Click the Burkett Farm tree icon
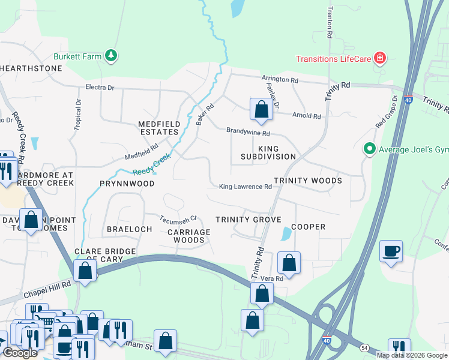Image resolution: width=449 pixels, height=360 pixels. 110,56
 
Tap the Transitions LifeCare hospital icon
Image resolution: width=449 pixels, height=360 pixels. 379,58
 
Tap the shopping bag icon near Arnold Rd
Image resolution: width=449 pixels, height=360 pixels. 261,109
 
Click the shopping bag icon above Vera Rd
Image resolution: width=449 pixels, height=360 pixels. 289,262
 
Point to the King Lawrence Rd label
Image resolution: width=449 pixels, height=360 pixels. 245,187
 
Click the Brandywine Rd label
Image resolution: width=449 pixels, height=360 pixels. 248,132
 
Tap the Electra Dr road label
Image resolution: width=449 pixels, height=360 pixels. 100,88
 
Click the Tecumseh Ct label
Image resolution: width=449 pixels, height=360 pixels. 178,218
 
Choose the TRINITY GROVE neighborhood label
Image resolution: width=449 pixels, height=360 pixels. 249,220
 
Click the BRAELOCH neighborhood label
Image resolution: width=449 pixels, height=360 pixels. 127,229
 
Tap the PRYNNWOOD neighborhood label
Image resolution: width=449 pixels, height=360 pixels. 127,184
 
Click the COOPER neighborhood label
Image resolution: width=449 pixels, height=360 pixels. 308,227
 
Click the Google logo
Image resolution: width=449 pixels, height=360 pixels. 20,353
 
